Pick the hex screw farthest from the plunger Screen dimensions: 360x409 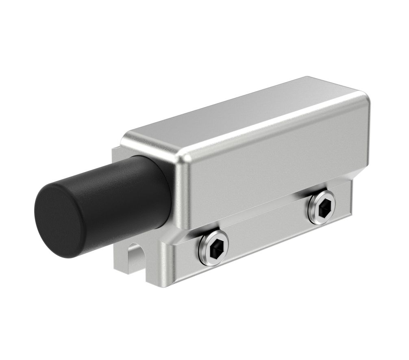pos(322,206)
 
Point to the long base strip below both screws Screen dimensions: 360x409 pos(260,248)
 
